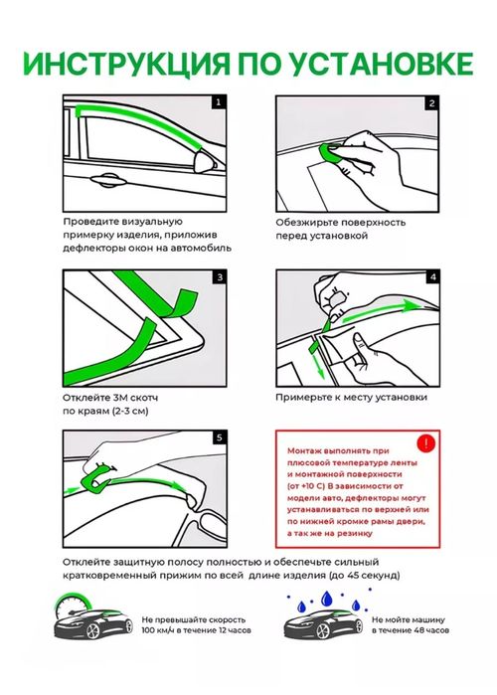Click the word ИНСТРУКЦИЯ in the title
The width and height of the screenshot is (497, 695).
[x=126, y=65]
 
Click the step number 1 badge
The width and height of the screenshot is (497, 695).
[x=218, y=102]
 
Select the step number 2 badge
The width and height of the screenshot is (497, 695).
[x=431, y=103]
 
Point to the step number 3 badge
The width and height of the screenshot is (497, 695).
[x=220, y=278]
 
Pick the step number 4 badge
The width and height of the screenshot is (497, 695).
[x=432, y=277]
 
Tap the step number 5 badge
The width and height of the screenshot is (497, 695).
[x=220, y=437]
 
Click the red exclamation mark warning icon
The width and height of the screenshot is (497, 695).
[x=426, y=443]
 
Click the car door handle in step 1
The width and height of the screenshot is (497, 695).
[x=107, y=180]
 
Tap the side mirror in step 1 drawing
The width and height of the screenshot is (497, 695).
[x=206, y=162]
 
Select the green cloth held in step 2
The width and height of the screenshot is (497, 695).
[x=332, y=154]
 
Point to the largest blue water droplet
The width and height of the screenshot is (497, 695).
[x=327, y=599]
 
